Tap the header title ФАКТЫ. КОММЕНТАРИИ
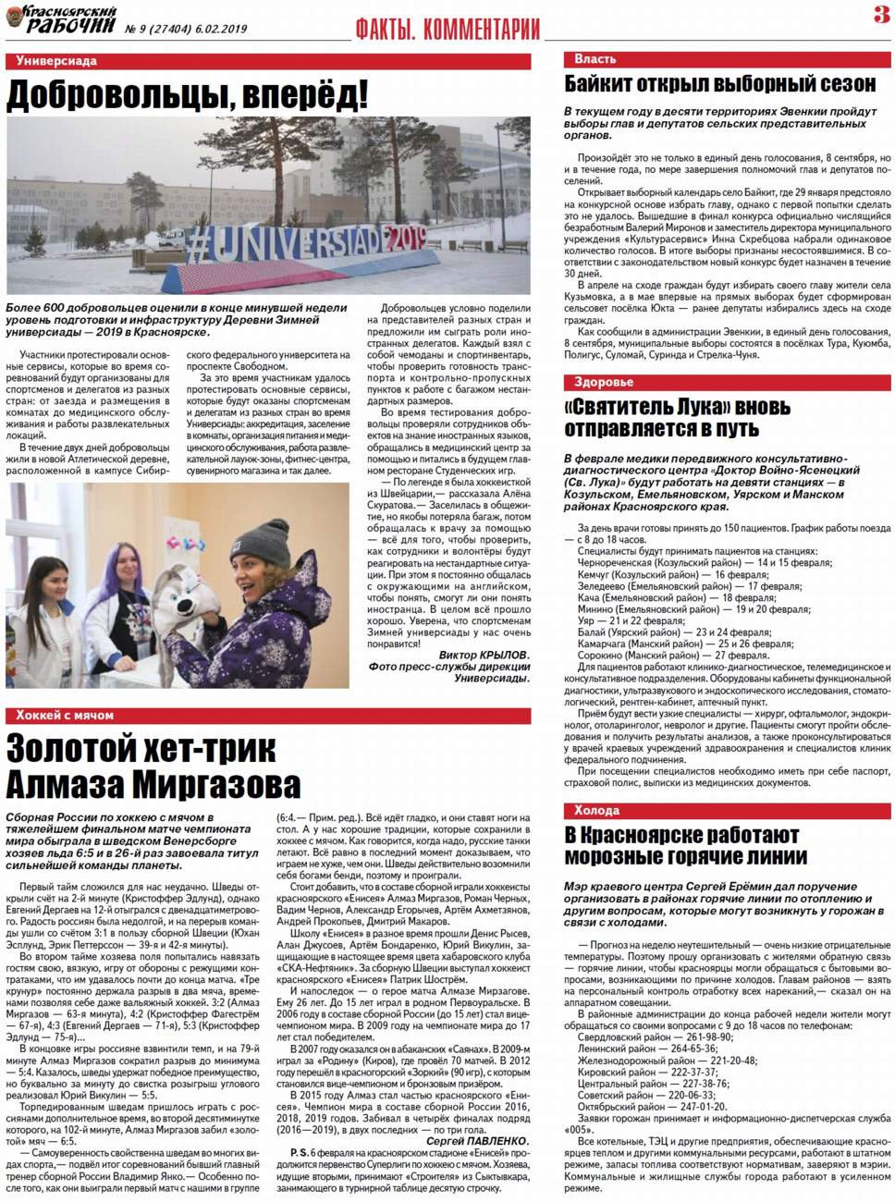[447, 30]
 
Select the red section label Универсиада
[56, 61]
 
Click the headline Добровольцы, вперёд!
[187, 94]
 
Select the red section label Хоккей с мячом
[65, 715]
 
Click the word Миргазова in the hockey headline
[222, 784]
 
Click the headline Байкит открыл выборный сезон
[719, 84]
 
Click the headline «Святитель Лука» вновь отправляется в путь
[677, 418]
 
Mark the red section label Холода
[596, 810]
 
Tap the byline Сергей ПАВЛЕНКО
[477, 1141]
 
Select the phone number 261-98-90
[709, 1037]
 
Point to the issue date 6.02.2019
[215, 30]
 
